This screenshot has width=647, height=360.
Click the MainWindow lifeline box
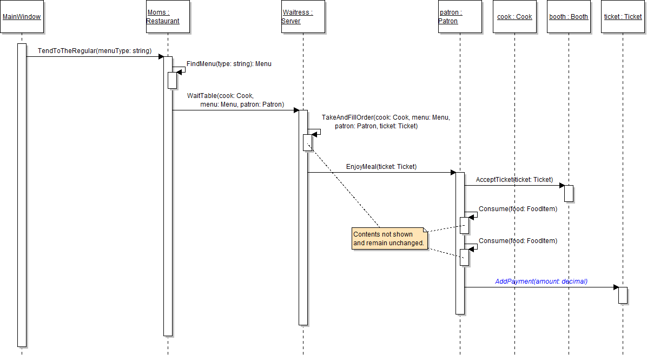click(x=22, y=17)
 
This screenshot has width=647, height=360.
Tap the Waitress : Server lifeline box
click(x=303, y=17)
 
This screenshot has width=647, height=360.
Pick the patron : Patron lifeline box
click(x=460, y=17)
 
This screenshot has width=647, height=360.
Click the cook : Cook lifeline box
click(x=514, y=17)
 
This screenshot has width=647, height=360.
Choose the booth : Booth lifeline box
click(x=569, y=17)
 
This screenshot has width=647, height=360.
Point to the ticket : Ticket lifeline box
click(x=623, y=17)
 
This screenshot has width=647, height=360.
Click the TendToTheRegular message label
click(x=95, y=51)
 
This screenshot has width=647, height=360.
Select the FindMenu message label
click(x=229, y=64)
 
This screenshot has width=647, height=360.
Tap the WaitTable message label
click(x=235, y=100)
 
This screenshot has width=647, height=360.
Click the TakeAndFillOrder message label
click(x=386, y=121)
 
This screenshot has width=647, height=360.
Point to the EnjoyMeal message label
click(x=381, y=167)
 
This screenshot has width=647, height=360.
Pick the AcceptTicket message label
click(x=514, y=179)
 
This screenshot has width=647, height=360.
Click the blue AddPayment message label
click(x=541, y=282)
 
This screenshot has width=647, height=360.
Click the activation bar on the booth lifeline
click(x=569, y=193)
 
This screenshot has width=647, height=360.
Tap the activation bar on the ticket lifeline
click(x=623, y=295)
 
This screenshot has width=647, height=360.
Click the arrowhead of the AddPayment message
click(x=616, y=287)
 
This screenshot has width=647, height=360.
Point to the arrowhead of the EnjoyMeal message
click(x=453, y=173)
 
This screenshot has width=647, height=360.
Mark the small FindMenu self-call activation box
click(x=173, y=80)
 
